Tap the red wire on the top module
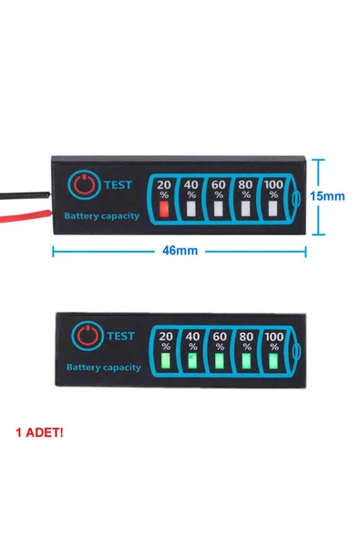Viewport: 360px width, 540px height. (23, 215)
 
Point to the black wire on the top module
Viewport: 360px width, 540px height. (23, 195)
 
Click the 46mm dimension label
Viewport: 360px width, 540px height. (179, 251)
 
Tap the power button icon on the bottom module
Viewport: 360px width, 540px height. (87, 337)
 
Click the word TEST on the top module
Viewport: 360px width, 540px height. (118, 183)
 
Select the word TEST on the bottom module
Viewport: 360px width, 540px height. (121, 336)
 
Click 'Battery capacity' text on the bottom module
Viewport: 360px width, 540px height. (103, 368)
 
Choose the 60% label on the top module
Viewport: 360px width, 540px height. (219, 189)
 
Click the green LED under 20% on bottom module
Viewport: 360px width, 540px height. (166, 362)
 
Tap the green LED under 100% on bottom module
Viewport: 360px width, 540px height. (273, 362)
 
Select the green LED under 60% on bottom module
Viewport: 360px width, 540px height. (220, 362)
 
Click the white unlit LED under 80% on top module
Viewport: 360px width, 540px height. (246, 210)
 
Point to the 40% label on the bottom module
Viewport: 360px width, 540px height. (192, 340)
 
